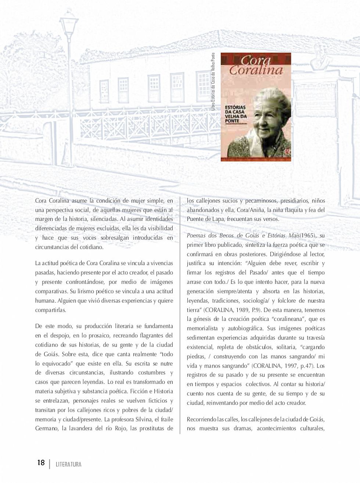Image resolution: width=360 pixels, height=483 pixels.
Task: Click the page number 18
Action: (41, 462)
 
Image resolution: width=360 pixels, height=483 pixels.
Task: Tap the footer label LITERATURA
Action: (69, 464)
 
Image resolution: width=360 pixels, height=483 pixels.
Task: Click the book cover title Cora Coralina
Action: (255, 65)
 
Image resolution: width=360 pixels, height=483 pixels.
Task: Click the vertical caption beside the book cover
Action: (213, 82)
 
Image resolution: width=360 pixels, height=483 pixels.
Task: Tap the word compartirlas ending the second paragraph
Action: (51, 310)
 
